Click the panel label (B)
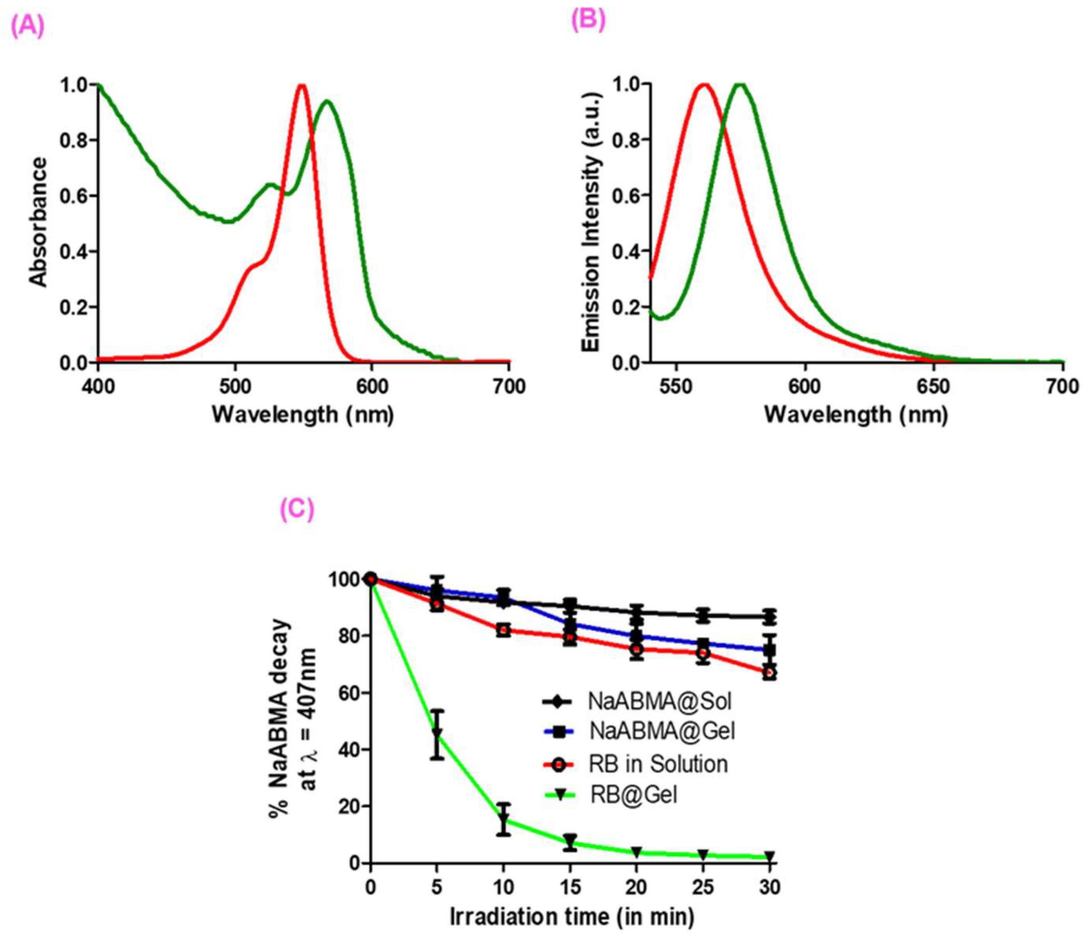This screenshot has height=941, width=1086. (x=588, y=20)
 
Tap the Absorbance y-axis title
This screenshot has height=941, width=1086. (x=38, y=222)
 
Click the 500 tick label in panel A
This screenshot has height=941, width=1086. (x=235, y=387)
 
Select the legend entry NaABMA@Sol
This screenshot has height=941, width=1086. (x=659, y=701)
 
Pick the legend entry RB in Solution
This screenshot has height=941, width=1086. (x=658, y=764)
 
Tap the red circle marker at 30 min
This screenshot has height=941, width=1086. (x=770, y=673)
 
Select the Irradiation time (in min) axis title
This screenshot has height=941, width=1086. (x=572, y=917)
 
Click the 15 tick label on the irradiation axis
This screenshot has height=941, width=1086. (x=570, y=887)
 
